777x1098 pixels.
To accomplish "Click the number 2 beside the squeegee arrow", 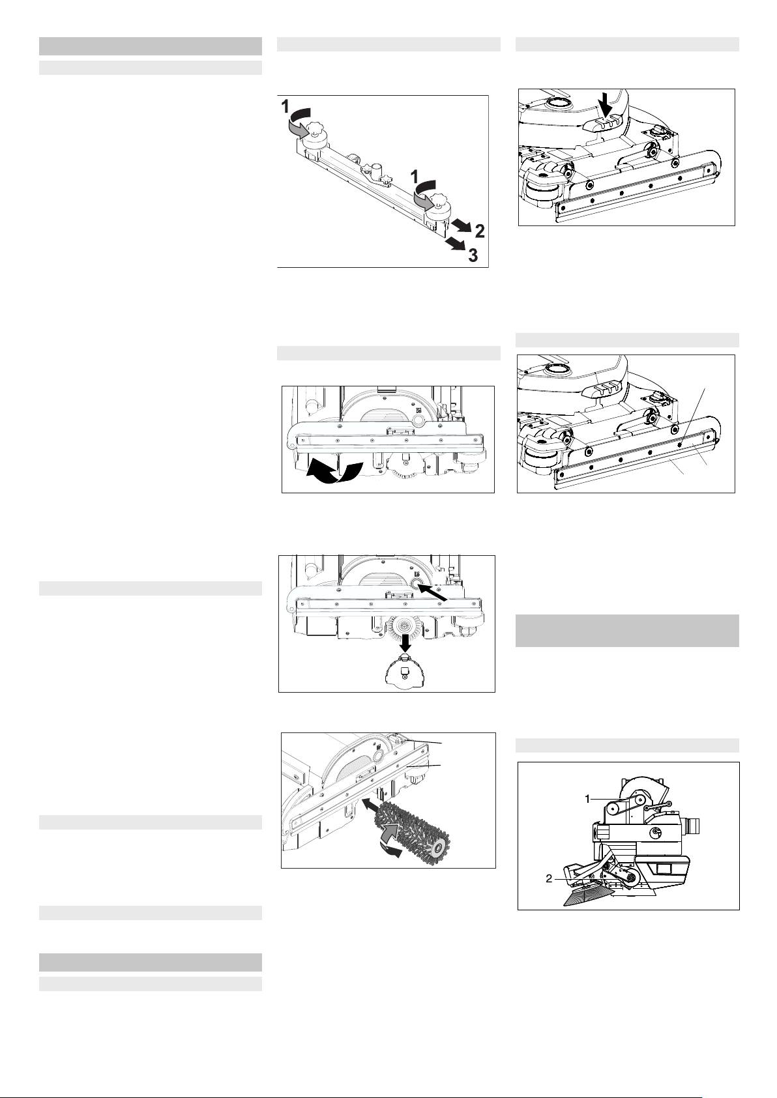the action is [480, 231].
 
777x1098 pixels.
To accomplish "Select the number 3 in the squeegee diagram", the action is [473, 255].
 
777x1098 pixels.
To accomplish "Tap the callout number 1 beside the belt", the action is [587, 800].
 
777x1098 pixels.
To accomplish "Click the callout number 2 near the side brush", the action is [550, 879].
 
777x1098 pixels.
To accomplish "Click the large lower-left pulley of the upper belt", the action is [614, 808].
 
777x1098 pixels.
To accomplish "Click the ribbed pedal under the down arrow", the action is [604, 123].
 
